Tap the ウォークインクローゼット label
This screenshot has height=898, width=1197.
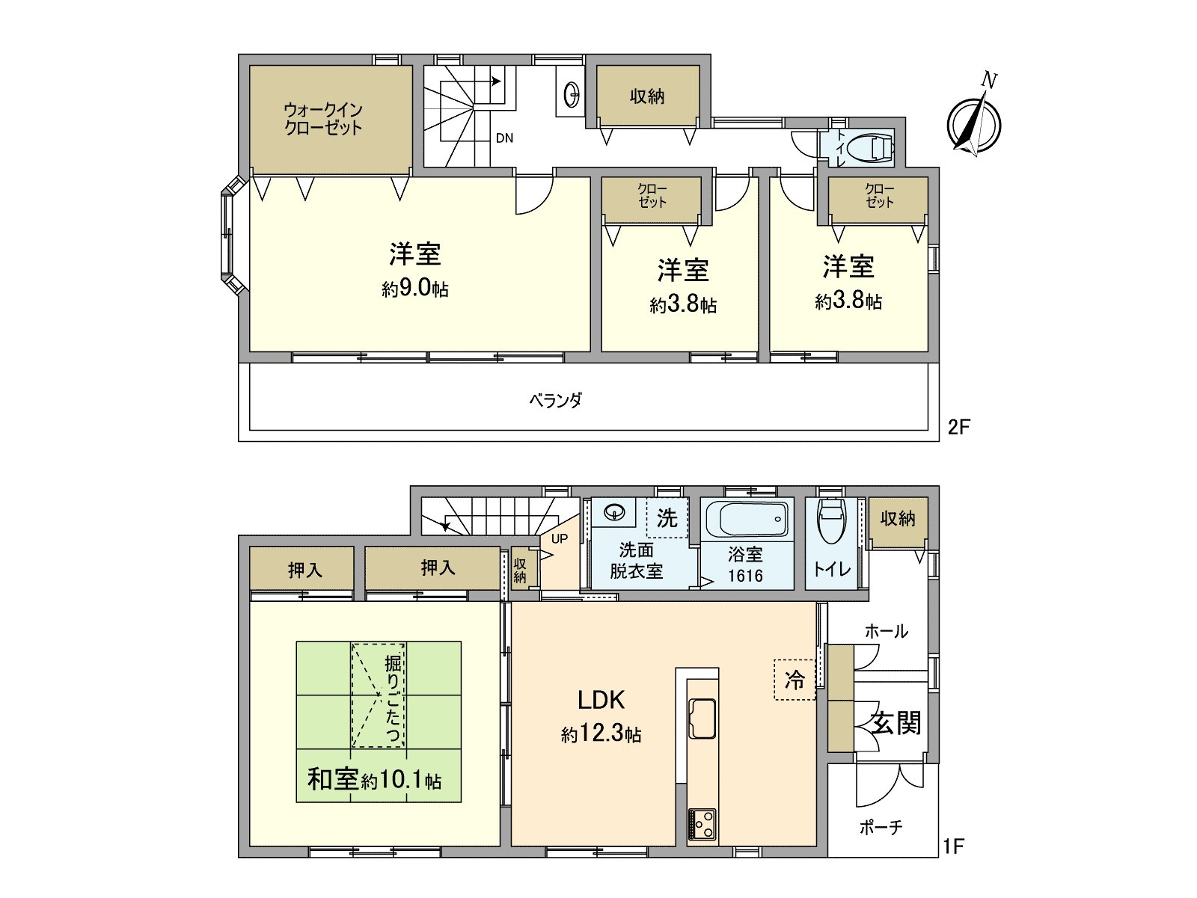[323, 119]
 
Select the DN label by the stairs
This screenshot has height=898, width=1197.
[504, 138]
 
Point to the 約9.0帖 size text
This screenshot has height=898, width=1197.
[415, 289]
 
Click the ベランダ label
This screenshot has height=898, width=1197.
[555, 401]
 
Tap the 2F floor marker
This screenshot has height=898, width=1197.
[958, 427]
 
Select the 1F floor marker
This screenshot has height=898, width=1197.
[953, 846]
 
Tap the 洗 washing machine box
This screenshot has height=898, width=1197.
[667, 517]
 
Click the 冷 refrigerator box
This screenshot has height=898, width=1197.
[794, 679]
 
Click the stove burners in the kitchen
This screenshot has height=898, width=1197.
[702, 825]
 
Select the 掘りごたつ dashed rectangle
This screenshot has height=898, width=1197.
[379, 695]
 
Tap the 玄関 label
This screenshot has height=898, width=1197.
[896, 723]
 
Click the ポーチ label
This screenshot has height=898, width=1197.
[881, 828]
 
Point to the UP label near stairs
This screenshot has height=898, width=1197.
[560, 538]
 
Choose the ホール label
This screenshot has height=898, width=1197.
[887, 631]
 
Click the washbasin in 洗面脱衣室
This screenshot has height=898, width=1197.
[615, 513]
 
